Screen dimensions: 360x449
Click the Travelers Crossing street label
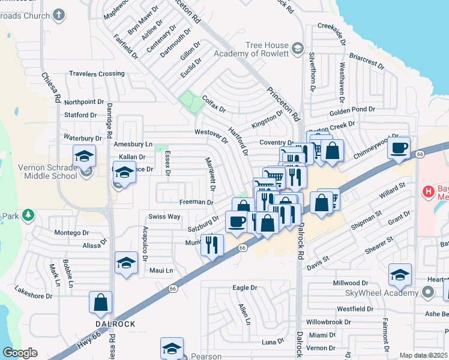(97, 74)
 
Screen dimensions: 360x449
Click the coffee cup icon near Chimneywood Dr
(399, 148)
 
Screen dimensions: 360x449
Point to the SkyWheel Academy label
(381, 292)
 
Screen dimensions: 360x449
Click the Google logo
(20, 353)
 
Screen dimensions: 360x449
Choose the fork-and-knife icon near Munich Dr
(211, 245)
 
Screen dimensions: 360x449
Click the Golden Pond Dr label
(352, 110)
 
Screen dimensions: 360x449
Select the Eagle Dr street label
(245, 288)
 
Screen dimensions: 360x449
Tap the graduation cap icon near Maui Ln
(126, 263)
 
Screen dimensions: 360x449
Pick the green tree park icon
(27, 214)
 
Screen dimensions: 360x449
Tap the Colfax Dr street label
(213, 104)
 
